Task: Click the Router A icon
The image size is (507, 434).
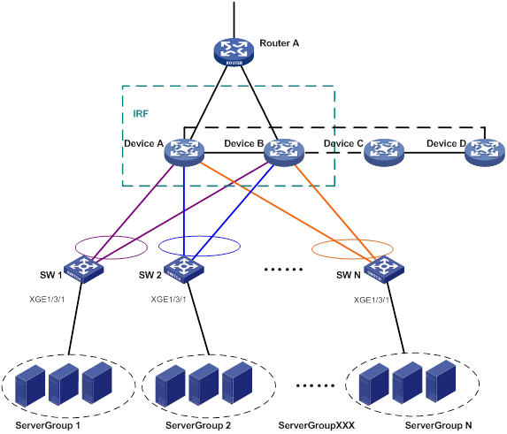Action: coord(234,52)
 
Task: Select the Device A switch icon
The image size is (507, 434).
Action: coord(184,152)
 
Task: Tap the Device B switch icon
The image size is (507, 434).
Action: coord(284,152)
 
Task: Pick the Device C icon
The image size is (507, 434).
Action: coord(384,152)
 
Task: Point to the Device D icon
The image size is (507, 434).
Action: coord(485,152)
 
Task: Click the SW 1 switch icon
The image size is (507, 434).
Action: coord(84,270)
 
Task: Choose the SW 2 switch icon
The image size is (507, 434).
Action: coord(184,270)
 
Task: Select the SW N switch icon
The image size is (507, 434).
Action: coord(384,270)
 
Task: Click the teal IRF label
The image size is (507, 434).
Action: coord(141,114)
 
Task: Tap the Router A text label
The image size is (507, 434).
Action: coord(280,43)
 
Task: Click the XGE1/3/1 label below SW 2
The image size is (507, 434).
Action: coord(168,300)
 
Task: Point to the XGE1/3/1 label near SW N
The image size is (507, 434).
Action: coord(372,300)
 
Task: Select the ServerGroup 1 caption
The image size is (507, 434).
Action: coord(48,425)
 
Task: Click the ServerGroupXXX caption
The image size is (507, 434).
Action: coord(317,425)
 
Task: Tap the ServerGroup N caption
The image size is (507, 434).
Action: coord(439,425)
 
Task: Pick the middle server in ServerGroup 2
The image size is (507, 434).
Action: coord(204,385)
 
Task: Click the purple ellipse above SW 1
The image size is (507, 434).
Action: coord(76,247)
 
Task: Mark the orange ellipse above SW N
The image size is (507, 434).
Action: coord(312,249)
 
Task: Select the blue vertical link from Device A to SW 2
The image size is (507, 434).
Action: coord(184,211)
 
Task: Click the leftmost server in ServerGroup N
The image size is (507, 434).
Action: coord(374,385)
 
